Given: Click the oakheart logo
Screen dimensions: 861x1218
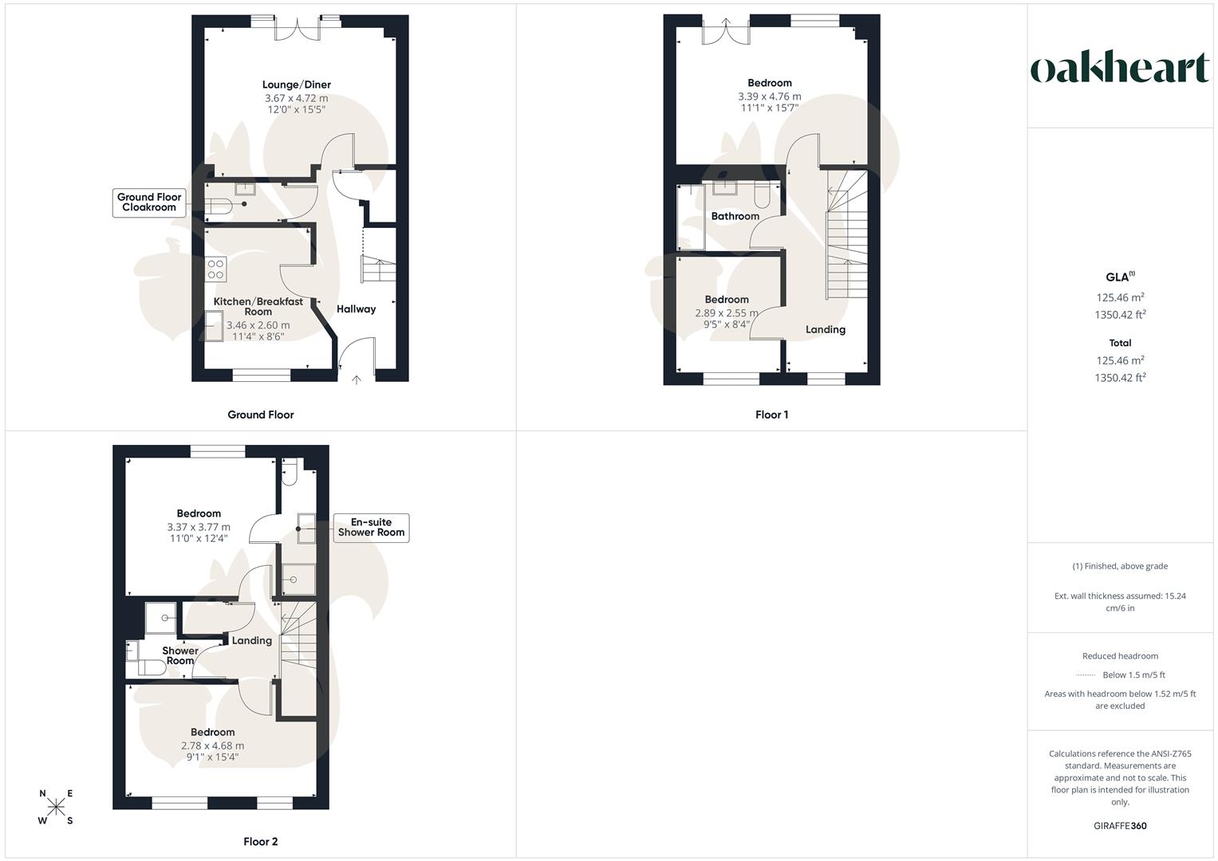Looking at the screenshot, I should [1120, 68].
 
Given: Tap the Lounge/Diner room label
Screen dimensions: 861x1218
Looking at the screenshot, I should [297, 85].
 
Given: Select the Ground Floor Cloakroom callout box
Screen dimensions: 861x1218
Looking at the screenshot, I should [149, 202].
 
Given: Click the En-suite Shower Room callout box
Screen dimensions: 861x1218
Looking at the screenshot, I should [371, 528].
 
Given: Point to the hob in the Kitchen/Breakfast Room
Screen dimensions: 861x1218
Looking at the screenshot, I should [215, 269].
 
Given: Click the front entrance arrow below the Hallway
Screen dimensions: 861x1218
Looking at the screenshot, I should [357, 379].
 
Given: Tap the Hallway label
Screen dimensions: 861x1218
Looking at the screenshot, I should [356, 309].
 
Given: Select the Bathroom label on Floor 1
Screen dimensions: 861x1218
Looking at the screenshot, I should [735, 216].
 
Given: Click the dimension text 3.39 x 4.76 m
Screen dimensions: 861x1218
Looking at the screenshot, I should [769, 96].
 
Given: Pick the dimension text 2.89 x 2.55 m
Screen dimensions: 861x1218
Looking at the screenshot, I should [727, 313].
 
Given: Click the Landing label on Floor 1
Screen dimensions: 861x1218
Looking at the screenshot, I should [825, 329].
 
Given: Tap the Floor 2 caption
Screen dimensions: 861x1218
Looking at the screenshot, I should [261, 842].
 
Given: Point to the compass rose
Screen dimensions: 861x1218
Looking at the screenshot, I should [56, 807].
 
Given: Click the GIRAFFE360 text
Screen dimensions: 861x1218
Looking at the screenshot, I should [1120, 826].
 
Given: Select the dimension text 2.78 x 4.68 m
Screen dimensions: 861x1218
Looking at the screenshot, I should [212, 745].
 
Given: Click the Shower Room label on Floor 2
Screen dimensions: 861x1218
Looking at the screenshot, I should [180, 655].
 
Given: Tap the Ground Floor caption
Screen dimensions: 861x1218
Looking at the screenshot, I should [261, 415].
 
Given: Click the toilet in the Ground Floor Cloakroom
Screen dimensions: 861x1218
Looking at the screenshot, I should [218, 206].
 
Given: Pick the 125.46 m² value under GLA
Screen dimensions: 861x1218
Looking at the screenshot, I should [1120, 297].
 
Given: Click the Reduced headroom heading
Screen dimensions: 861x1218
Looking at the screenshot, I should [1120, 656].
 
